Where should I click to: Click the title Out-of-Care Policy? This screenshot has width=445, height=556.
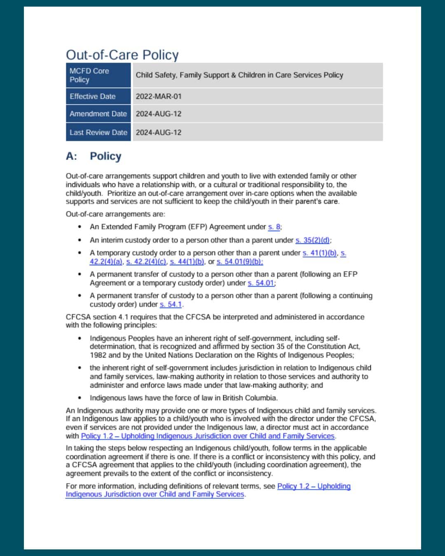(x=122, y=55)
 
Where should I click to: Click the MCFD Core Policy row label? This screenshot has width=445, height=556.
(x=98, y=75)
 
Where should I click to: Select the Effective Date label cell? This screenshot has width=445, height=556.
(x=98, y=96)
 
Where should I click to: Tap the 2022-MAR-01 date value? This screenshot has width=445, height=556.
(x=159, y=96)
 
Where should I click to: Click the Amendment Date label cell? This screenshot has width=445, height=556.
(x=98, y=114)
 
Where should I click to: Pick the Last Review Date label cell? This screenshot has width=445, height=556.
(x=98, y=133)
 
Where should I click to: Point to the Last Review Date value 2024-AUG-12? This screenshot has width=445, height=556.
(x=159, y=133)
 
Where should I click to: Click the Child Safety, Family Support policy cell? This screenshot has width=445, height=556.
(x=239, y=75)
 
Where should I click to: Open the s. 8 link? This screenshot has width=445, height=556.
(x=274, y=227)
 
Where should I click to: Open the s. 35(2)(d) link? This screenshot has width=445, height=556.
(x=312, y=240)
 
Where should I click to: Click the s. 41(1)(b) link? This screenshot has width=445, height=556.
(x=320, y=253)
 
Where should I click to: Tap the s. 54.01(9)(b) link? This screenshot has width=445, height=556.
(x=239, y=262)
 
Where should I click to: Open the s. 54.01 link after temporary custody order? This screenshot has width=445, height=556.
(x=260, y=283)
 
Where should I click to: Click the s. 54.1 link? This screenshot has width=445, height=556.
(x=171, y=304)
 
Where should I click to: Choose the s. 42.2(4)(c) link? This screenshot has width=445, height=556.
(x=146, y=262)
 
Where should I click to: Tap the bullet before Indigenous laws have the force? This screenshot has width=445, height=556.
(x=79, y=398)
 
